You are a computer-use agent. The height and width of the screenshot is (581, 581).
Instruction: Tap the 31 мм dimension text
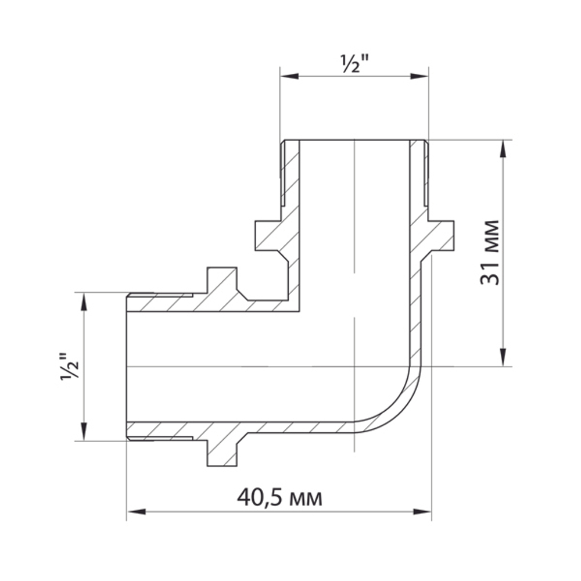pyautogui.click(x=489, y=253)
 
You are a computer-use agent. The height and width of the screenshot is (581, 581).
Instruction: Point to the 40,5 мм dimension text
pyautogui.click(x=279, y=498)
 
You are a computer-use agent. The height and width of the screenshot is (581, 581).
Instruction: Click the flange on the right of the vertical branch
pyautogui.click(x=442, y=236)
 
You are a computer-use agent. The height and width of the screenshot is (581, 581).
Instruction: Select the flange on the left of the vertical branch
pyautogui.click(x=268, y=236)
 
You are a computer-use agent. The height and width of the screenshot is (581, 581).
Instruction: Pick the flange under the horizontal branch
pyautogui.click(x=222, y=453)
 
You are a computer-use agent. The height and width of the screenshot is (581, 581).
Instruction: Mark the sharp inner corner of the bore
pyautogui.click(x=300, y=310)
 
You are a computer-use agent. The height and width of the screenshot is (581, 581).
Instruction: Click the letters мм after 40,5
pyautogui.click(x=306, y=499)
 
